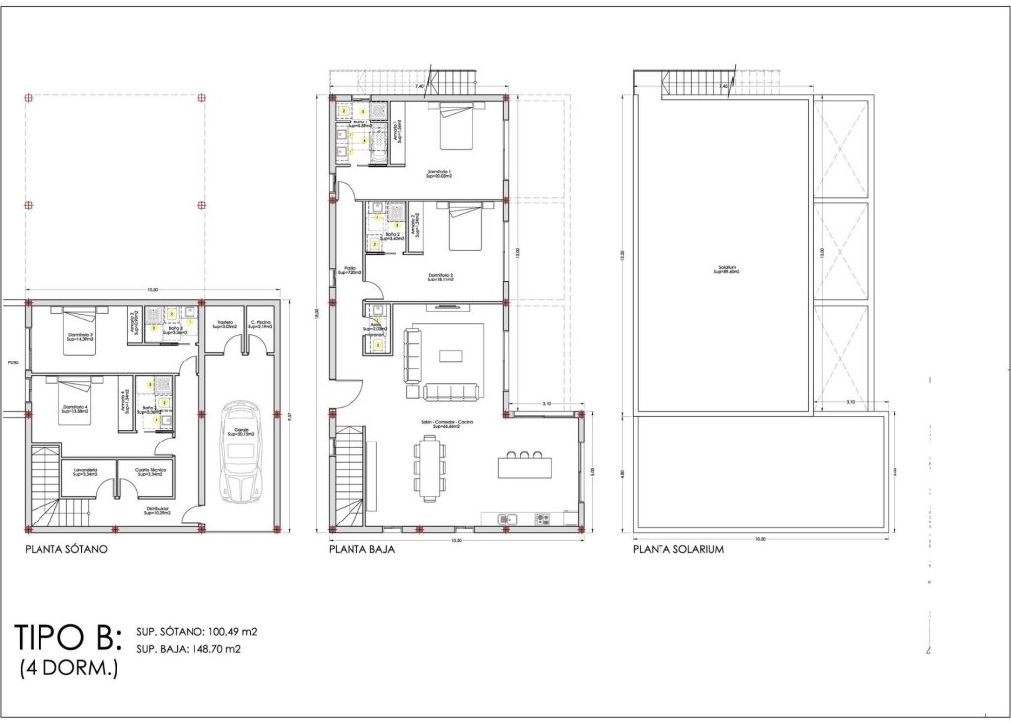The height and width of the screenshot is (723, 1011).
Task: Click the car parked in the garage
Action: [240, 450]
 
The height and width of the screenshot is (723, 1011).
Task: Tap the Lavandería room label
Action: [84, 473]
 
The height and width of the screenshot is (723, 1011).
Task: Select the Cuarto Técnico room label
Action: [150, 473]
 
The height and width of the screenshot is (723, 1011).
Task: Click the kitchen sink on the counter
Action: [509, 519]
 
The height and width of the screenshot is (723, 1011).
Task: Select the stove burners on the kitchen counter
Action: [542, 519]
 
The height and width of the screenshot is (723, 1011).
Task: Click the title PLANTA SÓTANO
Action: [65, 549]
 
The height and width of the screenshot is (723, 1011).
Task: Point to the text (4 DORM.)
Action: [69, 669]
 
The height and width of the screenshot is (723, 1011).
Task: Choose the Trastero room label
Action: [225, 323]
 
